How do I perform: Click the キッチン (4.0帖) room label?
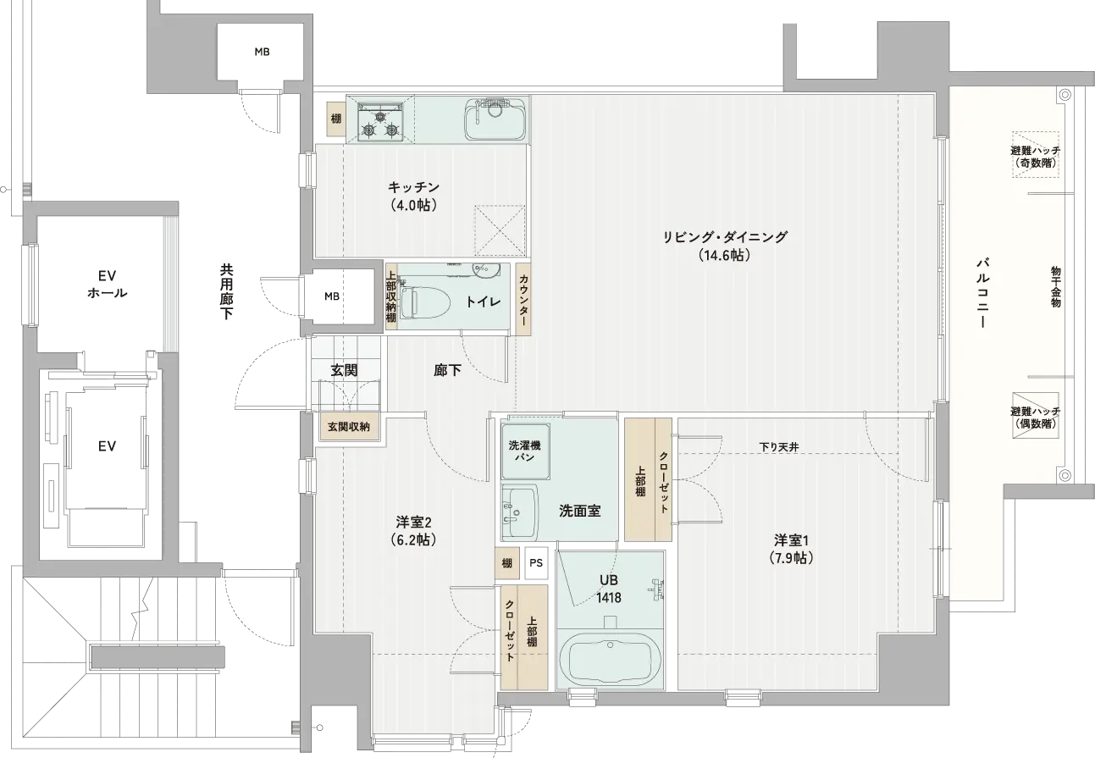(413, 196)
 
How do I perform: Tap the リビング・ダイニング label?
(724, 237)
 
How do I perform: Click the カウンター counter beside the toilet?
(523, 300)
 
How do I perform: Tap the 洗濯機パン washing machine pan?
(525, 451)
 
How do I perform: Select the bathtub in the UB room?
(610, 659)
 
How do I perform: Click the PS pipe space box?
(536, 563)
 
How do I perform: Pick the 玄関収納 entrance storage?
(349, 427)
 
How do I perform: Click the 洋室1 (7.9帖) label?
(792, 550)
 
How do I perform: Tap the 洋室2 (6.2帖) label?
(413, 531)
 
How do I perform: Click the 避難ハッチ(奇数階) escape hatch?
(1036, 154)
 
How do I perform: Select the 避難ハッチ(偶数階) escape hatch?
(1036, 416)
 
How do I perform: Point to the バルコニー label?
(982, 293)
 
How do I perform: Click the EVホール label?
(107, 285)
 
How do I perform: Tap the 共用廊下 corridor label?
(226, 291)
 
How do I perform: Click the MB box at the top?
(262, 52)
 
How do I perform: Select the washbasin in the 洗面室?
(520, 512)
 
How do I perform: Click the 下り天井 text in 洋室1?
(779, 446)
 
